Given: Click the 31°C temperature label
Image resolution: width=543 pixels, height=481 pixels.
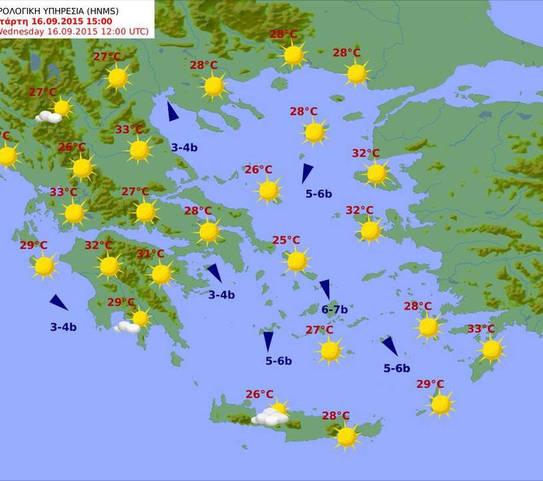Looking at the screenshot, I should coord(150,254).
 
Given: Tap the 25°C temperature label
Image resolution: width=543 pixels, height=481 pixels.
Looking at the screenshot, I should coord(286,240).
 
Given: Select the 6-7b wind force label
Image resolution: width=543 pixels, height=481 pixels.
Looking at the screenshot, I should coord(334,309).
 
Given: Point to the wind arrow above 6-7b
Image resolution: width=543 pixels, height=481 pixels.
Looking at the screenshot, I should coord(325,288).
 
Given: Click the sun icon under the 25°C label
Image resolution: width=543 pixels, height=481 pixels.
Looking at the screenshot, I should coord(297,261).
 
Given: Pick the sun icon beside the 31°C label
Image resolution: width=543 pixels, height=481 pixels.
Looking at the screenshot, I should coord(161,273).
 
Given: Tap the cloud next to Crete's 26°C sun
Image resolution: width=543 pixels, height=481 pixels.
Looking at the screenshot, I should coord(270,417).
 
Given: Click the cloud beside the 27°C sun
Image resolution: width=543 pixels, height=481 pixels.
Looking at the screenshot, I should coord(48,117).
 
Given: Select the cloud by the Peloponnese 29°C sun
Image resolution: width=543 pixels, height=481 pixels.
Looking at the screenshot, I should coord(126,327).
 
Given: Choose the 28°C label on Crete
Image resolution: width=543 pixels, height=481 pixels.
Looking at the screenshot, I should coord(336,415).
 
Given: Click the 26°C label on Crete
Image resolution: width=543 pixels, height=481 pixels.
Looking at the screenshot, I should coord(260,394).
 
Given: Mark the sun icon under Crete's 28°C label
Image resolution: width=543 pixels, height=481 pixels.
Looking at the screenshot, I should coord(346,436).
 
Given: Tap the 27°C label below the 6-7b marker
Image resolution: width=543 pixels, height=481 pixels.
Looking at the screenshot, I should coord(319,330).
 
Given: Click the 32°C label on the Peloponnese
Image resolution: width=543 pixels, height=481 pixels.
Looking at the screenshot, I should coord(98,245).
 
